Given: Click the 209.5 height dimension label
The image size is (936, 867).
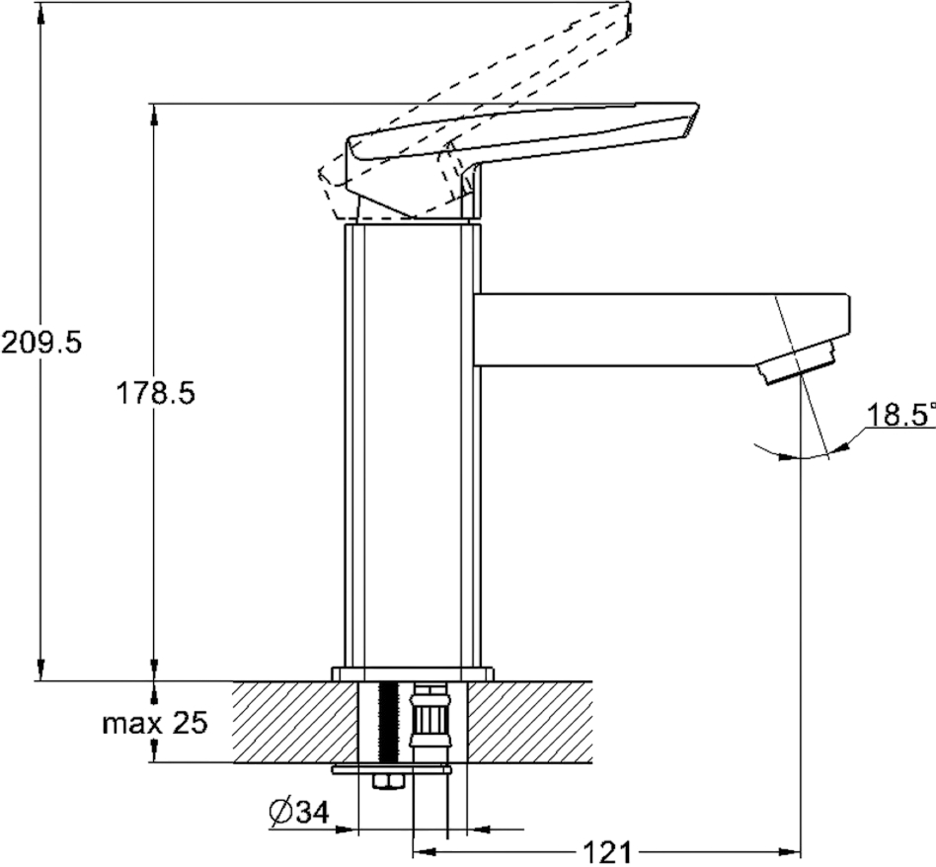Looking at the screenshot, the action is pos(40,344).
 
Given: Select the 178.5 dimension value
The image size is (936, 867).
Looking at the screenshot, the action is pos(155,393).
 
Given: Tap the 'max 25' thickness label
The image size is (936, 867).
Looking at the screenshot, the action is pos(155,724).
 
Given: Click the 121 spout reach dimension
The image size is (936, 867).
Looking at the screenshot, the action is pos(606,853).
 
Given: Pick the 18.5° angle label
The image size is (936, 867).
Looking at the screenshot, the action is pos(900,415).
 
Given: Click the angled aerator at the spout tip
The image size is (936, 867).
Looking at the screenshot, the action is pos(797,361).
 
